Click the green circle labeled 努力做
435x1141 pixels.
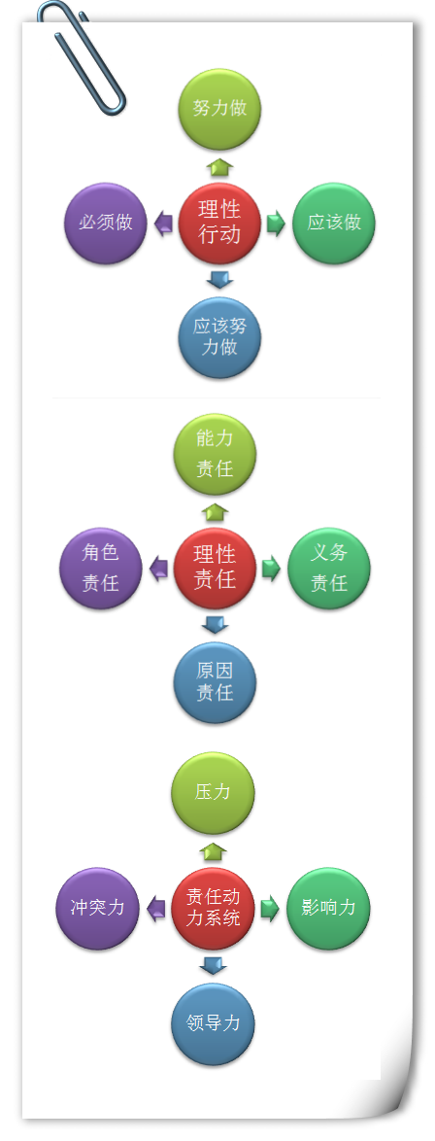tap(219, 109)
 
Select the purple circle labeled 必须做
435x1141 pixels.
tap(106, 223)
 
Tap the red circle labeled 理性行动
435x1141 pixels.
tap(219, 223)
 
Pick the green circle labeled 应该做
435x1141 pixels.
tap(334, 223)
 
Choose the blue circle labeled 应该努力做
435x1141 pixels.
tap(219, 337)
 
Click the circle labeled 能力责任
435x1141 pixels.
tap(215, 454)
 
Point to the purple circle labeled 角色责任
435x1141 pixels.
tap(100, 569)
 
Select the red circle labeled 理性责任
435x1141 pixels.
tap(215, 569)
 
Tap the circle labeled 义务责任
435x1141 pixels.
tap(329, 569)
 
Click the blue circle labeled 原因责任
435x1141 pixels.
tap(215, 682)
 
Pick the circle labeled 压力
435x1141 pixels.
tap(214, 793)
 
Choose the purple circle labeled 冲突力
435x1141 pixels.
tap(97, 908)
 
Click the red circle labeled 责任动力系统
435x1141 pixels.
tap(214, 908)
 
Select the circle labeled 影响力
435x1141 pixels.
tap(328, 908)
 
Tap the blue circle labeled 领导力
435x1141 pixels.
tap(214, 1023)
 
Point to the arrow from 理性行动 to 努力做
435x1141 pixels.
tap(218, 166)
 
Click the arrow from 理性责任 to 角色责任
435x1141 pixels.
tap(158, 570)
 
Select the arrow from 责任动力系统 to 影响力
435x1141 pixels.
tap(270, 909)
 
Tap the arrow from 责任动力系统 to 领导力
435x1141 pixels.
tap(214, 966)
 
